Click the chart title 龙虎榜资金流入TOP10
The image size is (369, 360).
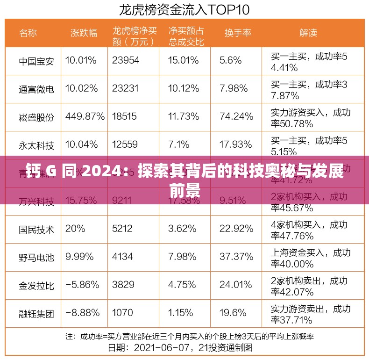coord(184,9)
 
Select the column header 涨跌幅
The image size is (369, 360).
coord(84,33)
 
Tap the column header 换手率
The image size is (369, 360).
coord(238,33)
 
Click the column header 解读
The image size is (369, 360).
coord(308,33)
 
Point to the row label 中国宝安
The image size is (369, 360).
coord(36,61)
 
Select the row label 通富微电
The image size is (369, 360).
coord(36,89)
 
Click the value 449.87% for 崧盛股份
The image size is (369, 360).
coord(85,116)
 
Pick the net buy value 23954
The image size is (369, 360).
coord(126,60)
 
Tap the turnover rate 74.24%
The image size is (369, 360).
coord(236,116)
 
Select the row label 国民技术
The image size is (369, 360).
coord(36,229)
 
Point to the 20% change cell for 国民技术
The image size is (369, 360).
coord(75,229)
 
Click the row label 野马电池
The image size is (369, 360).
coord(36,257)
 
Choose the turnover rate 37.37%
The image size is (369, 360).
coord(236,257)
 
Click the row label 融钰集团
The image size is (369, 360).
coord(36,313)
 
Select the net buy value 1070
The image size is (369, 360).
coord(123,313)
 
